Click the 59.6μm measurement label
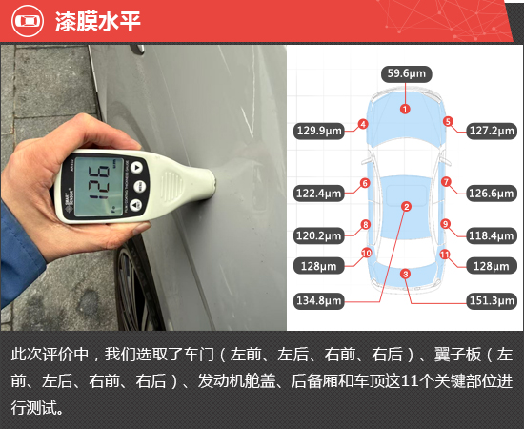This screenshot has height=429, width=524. point(407,74)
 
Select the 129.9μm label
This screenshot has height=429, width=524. point(319,131)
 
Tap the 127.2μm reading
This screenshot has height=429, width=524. point(492,131)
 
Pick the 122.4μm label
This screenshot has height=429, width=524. point(319,194)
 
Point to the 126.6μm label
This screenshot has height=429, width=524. point(492,194)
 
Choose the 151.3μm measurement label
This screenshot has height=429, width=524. point(492,300)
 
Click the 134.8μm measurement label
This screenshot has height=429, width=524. point(319,300)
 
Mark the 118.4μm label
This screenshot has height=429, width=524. point(492,235)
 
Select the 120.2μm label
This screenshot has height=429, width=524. point(319,235)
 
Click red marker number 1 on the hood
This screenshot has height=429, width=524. point(405,109)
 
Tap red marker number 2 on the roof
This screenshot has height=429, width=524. point(407,207)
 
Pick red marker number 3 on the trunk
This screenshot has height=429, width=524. point(405,275)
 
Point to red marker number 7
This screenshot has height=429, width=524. point(446,182)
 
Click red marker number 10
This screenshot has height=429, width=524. point(366,254)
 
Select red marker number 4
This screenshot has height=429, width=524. point(363,124)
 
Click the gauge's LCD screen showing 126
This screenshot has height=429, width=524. point(99,186)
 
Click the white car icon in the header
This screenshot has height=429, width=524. point(28,21)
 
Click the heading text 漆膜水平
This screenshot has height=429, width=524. point(97,21)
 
